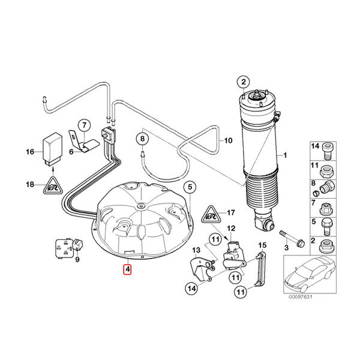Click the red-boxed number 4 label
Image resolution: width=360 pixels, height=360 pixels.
127,269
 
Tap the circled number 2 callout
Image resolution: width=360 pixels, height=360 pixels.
244,82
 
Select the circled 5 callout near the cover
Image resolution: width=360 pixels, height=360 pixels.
190,187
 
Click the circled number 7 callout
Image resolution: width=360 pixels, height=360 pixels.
84,125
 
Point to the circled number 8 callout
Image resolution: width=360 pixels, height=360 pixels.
143,139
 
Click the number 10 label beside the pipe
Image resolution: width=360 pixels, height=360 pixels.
228,140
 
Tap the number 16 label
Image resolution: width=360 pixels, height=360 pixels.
30,152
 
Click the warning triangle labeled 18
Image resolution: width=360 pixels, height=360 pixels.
53,185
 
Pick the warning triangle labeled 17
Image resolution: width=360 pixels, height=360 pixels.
211,214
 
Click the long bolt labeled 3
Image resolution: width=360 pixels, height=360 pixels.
292,239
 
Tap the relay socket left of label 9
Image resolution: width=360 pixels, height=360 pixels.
64,248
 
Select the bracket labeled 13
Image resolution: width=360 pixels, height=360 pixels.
203,270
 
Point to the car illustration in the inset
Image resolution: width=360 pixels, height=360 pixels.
310,274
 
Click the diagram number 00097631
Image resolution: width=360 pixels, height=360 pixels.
301,297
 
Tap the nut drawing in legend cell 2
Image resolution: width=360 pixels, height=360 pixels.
326,245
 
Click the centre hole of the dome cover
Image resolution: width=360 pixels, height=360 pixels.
140,206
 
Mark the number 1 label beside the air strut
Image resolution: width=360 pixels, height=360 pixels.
285,155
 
